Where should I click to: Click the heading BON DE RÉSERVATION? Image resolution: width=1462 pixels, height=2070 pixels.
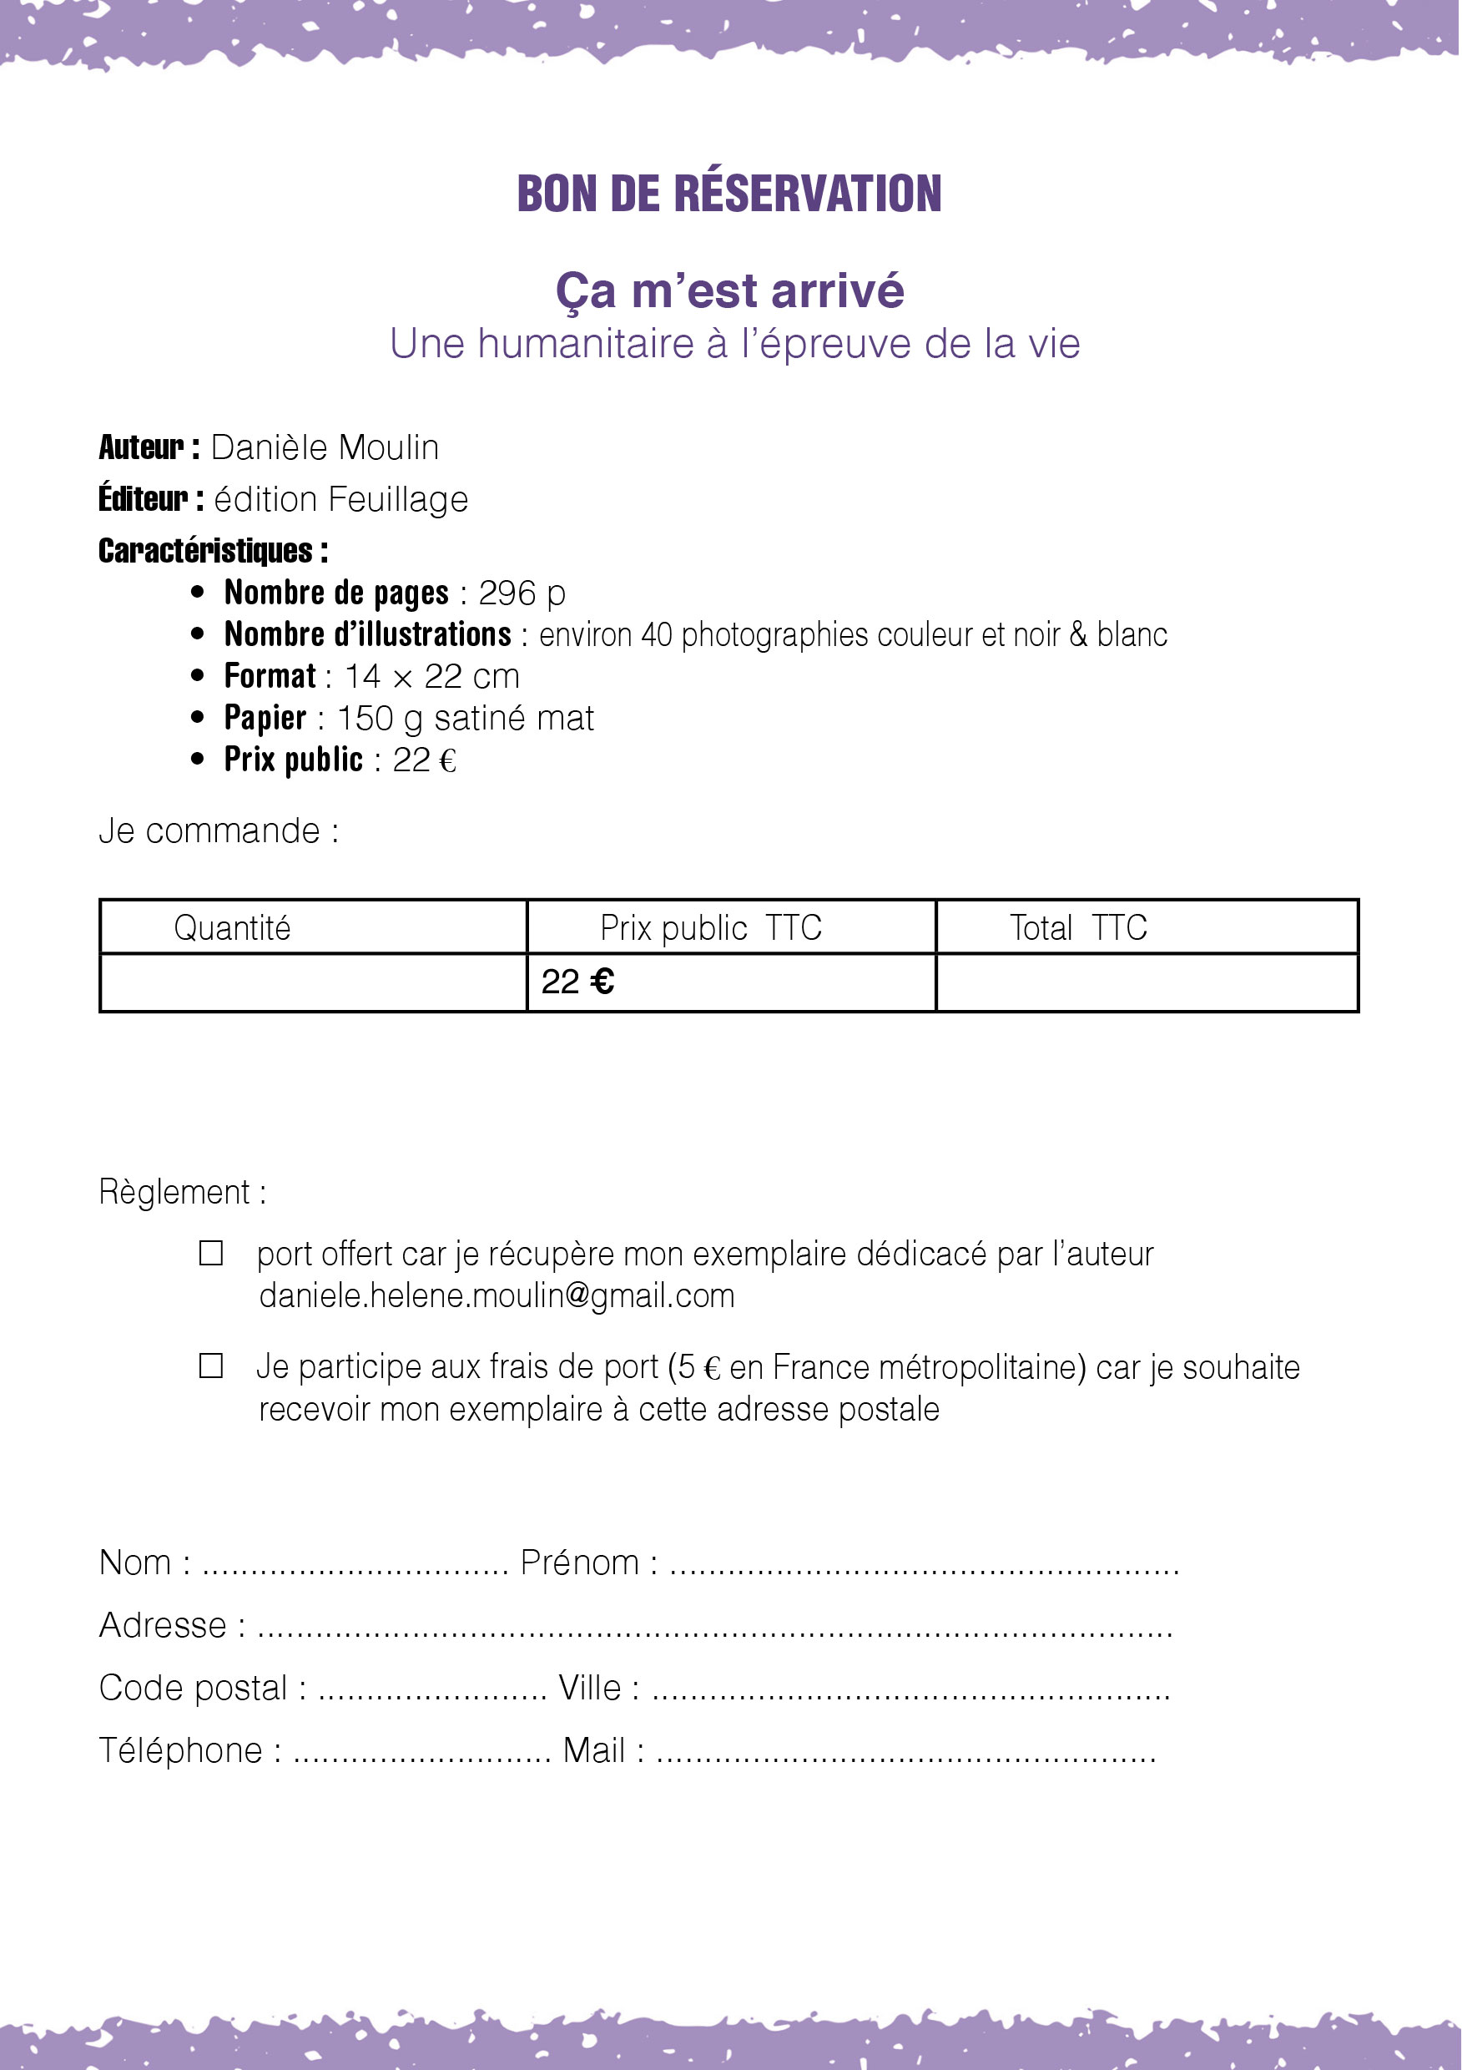(729, 194)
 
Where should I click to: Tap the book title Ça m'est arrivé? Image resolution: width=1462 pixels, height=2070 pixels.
(729, 291)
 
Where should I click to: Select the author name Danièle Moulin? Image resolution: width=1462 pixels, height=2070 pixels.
(325, 448)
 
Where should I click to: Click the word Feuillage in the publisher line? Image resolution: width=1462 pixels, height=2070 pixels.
(397, 499)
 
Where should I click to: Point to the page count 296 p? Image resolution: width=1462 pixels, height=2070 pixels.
(521, 593)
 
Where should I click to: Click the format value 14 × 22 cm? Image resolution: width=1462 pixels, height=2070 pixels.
(431, 676)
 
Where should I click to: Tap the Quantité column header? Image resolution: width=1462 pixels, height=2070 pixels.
(232, 927)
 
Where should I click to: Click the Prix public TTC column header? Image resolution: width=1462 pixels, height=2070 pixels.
(710, 927)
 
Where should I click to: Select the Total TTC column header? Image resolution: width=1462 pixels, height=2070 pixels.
(1077, 927)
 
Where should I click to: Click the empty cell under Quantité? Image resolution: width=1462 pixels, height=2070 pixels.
(313, 982)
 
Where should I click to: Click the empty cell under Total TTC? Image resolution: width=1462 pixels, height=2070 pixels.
(1147, 982)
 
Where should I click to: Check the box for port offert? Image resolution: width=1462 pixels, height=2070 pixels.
(211, 1253)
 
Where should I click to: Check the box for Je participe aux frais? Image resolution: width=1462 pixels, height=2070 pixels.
(211, 1366)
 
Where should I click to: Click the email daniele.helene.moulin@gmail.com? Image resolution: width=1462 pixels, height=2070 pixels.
(497, 1295)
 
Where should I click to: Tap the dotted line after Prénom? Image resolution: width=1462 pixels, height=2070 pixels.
(924, 1566)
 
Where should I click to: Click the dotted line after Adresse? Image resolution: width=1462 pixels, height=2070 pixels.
(713, 1629)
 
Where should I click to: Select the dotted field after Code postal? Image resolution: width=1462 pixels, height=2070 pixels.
(431, 1691)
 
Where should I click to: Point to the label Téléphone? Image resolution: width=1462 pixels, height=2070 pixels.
(180, 1751)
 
